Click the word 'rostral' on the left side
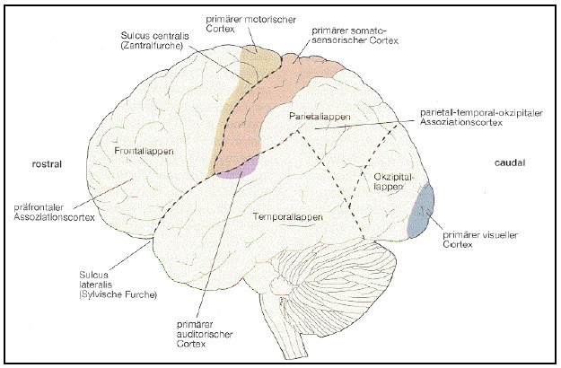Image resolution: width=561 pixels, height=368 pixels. point(45,165)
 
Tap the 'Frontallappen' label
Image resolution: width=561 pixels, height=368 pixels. point(145,151)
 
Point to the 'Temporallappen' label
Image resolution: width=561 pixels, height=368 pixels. point(287,216)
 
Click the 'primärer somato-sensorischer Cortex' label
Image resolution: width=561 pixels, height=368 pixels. point(352,36)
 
